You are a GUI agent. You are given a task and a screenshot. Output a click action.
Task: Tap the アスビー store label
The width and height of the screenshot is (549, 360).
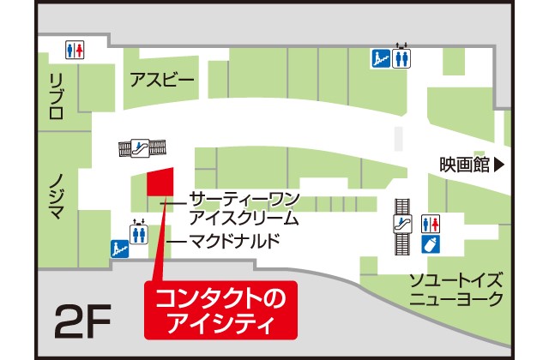[x=162, y=81]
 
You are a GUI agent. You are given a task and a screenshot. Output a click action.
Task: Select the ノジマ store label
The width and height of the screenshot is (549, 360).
[x=56, y=195]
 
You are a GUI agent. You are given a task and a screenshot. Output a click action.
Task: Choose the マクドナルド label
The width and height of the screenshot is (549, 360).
[x=234, y=241]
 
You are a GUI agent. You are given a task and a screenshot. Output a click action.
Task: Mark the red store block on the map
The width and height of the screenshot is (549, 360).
[x=160, y=182]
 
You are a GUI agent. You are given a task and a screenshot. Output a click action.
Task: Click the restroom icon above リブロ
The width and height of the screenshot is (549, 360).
[x=75, y=50]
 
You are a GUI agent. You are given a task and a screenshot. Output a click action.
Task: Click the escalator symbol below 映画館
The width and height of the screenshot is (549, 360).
[x=401, y=225]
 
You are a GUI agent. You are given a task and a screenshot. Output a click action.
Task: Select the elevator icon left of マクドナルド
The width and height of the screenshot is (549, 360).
[x=138, y=233]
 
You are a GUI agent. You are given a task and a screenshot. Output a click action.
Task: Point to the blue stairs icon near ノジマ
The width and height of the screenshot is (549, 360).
[x=118, y=249]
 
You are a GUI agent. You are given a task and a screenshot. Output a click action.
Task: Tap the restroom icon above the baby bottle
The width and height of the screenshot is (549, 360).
[x=432, y=223]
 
